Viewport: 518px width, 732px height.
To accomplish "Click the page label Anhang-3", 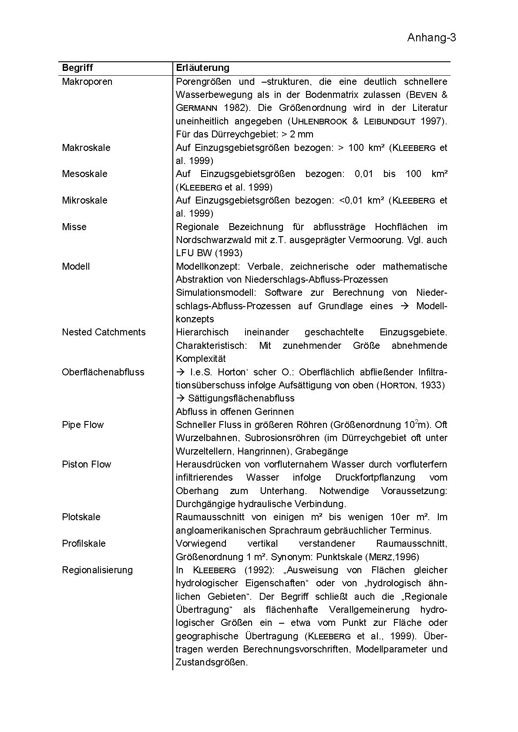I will (431, 38).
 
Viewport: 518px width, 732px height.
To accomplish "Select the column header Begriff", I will (77, 68).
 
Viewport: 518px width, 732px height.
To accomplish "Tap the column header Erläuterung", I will (202, 68).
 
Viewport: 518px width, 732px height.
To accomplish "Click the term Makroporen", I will (87, 82).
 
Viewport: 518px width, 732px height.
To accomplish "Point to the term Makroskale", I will (86, 147).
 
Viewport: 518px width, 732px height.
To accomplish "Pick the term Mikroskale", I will (84, 201).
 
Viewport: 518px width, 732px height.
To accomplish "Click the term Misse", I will (74, 227).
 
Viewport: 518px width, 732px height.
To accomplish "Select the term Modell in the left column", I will (76, 266).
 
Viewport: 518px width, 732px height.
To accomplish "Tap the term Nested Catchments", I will (104, 332).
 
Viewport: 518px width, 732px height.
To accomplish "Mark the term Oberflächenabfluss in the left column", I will (103, 372).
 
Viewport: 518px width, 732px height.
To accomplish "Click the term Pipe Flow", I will (83, 424).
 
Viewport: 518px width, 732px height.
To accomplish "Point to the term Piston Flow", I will (86, 464).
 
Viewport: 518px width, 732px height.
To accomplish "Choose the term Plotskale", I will (81, 517).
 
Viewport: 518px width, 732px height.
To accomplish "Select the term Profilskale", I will (84, 544).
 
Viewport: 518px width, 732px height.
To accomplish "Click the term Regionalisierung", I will (97, 570).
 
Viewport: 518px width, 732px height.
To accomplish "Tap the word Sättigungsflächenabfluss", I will (241, 398).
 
